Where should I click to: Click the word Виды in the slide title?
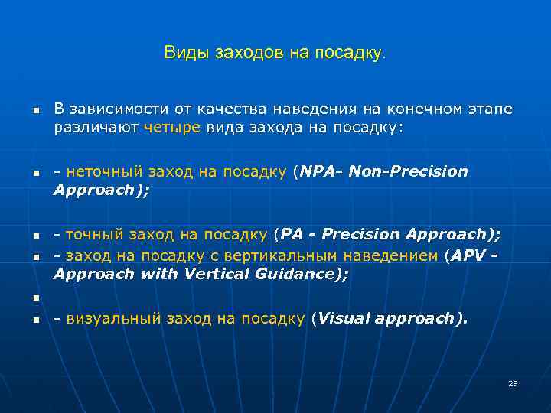180,53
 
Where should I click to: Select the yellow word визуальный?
102,318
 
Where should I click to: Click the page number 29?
513,383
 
